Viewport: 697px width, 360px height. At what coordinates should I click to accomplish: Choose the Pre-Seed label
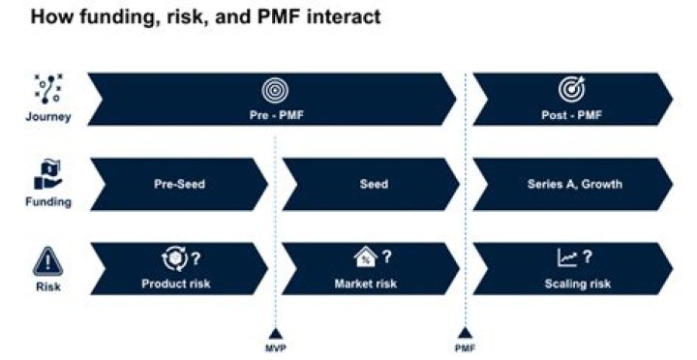(x=179, y=184)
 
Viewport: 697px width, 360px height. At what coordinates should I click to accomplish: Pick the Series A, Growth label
(x=574, y=184)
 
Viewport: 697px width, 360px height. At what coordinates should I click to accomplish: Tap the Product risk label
(x=175, y=284)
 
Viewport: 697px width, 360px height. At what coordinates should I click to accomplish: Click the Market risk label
(x=365, y=284)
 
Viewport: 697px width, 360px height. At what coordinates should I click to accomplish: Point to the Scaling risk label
(x=574, y=284)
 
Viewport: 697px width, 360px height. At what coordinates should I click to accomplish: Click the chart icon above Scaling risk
(x=567, y=258)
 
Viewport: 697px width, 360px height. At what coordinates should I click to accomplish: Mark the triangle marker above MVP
(x=276, y=331)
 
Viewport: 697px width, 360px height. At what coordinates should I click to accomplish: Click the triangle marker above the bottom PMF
(x=465, y=331)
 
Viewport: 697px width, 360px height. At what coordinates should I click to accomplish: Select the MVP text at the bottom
(x=276, y=346)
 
